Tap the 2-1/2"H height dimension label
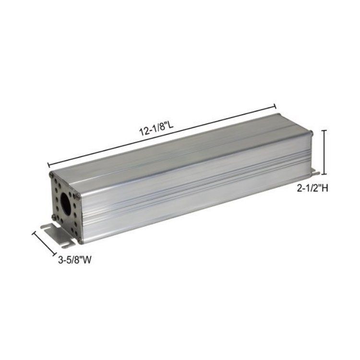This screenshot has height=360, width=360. (312, 188)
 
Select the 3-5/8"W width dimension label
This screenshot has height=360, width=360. (74, 260)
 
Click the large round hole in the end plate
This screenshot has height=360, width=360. (66, 201)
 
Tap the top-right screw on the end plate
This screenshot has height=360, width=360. (78, 196)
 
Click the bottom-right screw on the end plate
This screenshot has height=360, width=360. (80, 241)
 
